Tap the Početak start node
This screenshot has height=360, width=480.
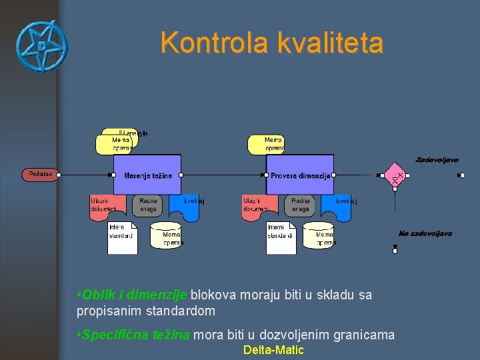pyautogui.click(x=40, y=175)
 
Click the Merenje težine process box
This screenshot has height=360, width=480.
pyautogui.click(x=147, y=175)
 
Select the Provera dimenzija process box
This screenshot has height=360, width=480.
pyautogui.click(x=300, y=175)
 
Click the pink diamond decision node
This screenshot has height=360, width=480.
pyautogui.click(x=395, y=175)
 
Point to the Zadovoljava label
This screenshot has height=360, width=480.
pyautogui.click(x=437, y=160)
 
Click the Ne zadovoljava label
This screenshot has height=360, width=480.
pyautogui.click(x=425, y=233)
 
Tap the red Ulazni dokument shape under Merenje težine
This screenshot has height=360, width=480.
pyautogui.click(x=107, y=205)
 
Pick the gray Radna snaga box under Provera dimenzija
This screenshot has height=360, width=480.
pyautogui.click(x=301, y=205)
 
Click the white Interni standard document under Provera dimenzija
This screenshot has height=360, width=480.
pyautogui.click(x=281, y=237)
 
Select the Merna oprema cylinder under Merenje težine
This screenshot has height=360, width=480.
pyautogui.click(x=167, y=235)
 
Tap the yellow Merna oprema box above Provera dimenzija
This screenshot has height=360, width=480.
pyautogui.click(x=267, y=144)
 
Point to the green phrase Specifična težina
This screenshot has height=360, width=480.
pyautogui.click(x=136, y=335)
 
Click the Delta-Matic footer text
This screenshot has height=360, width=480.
pyautogui.click(x=273, y=350)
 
